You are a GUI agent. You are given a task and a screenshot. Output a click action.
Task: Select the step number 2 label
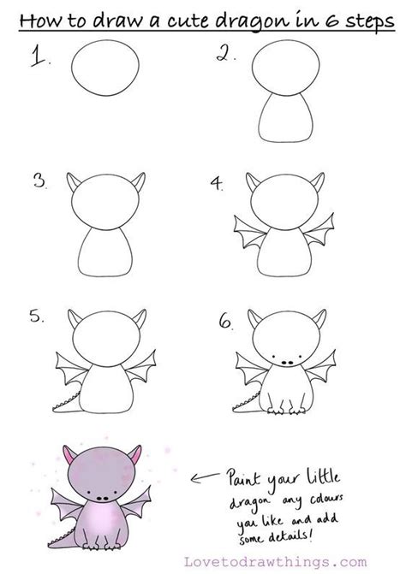[225, 57]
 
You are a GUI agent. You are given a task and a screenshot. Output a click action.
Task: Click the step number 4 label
[218, 183]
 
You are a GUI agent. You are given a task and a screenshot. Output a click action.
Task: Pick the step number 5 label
[37, 317]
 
